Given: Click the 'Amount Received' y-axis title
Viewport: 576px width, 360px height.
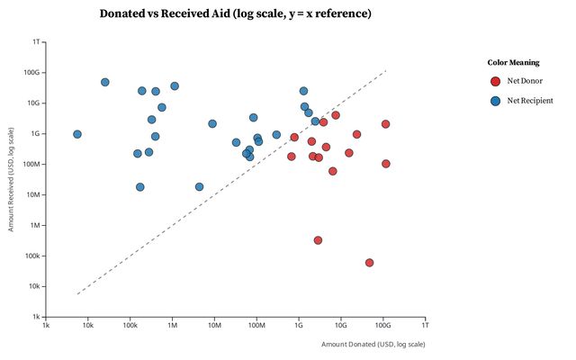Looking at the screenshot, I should (x=11, y=180).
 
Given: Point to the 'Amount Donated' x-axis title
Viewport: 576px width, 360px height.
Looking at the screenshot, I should (x=373, y=344).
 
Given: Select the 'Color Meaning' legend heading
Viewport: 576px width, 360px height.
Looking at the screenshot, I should (x=514, y=63).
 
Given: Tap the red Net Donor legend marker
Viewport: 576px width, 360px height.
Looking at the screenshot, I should (x=495, y=81).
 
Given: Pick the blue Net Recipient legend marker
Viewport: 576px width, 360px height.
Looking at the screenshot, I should (x=495, y=101).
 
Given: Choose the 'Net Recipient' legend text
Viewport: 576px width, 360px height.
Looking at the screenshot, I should (x=530, y=101).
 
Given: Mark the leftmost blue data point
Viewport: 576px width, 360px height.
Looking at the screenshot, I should (x=77, y=134).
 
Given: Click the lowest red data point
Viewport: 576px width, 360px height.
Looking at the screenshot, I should (x=370, y=263).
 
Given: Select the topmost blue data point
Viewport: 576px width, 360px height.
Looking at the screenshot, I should (x=105, y=82).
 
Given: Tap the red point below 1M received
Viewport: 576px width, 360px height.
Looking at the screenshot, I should (x=319, y=240).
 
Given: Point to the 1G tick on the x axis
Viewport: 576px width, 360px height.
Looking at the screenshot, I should (x=299, y=325).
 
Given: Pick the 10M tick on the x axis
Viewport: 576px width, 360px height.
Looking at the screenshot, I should (x=214, y=325).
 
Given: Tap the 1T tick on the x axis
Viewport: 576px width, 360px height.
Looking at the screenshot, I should (x=426, y=325).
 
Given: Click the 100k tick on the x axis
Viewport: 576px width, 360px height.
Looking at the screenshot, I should (x=130, y=325).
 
